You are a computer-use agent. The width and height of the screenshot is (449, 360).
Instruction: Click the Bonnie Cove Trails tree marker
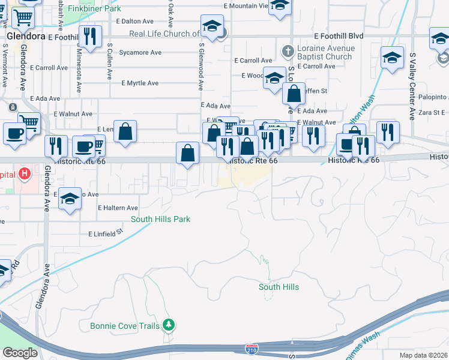tap(169, 325)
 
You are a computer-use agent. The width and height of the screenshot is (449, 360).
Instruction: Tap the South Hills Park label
tap(160, 219)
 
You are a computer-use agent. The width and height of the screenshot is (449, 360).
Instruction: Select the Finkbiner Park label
tap(94, 8)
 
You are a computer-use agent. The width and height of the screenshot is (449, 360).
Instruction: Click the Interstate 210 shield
tap(252, 348)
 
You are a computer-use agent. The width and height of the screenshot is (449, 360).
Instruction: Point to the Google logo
tap(20, 353)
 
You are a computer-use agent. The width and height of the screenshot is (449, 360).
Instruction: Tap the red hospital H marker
tap(24, 175)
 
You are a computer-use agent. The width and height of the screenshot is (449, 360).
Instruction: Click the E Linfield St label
tap(105, 233)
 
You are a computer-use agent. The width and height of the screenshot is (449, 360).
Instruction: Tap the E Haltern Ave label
tap(118, 208)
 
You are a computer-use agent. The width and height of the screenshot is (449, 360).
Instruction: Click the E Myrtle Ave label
tap(140, 83)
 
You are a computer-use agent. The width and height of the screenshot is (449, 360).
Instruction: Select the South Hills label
tap(279, 287)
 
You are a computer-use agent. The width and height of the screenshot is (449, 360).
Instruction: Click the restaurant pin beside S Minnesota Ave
tap(89, 37)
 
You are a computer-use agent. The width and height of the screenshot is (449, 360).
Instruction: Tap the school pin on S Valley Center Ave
tap(392, 59)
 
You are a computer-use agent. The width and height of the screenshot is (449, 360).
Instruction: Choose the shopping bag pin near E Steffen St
tap(294, 94)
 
